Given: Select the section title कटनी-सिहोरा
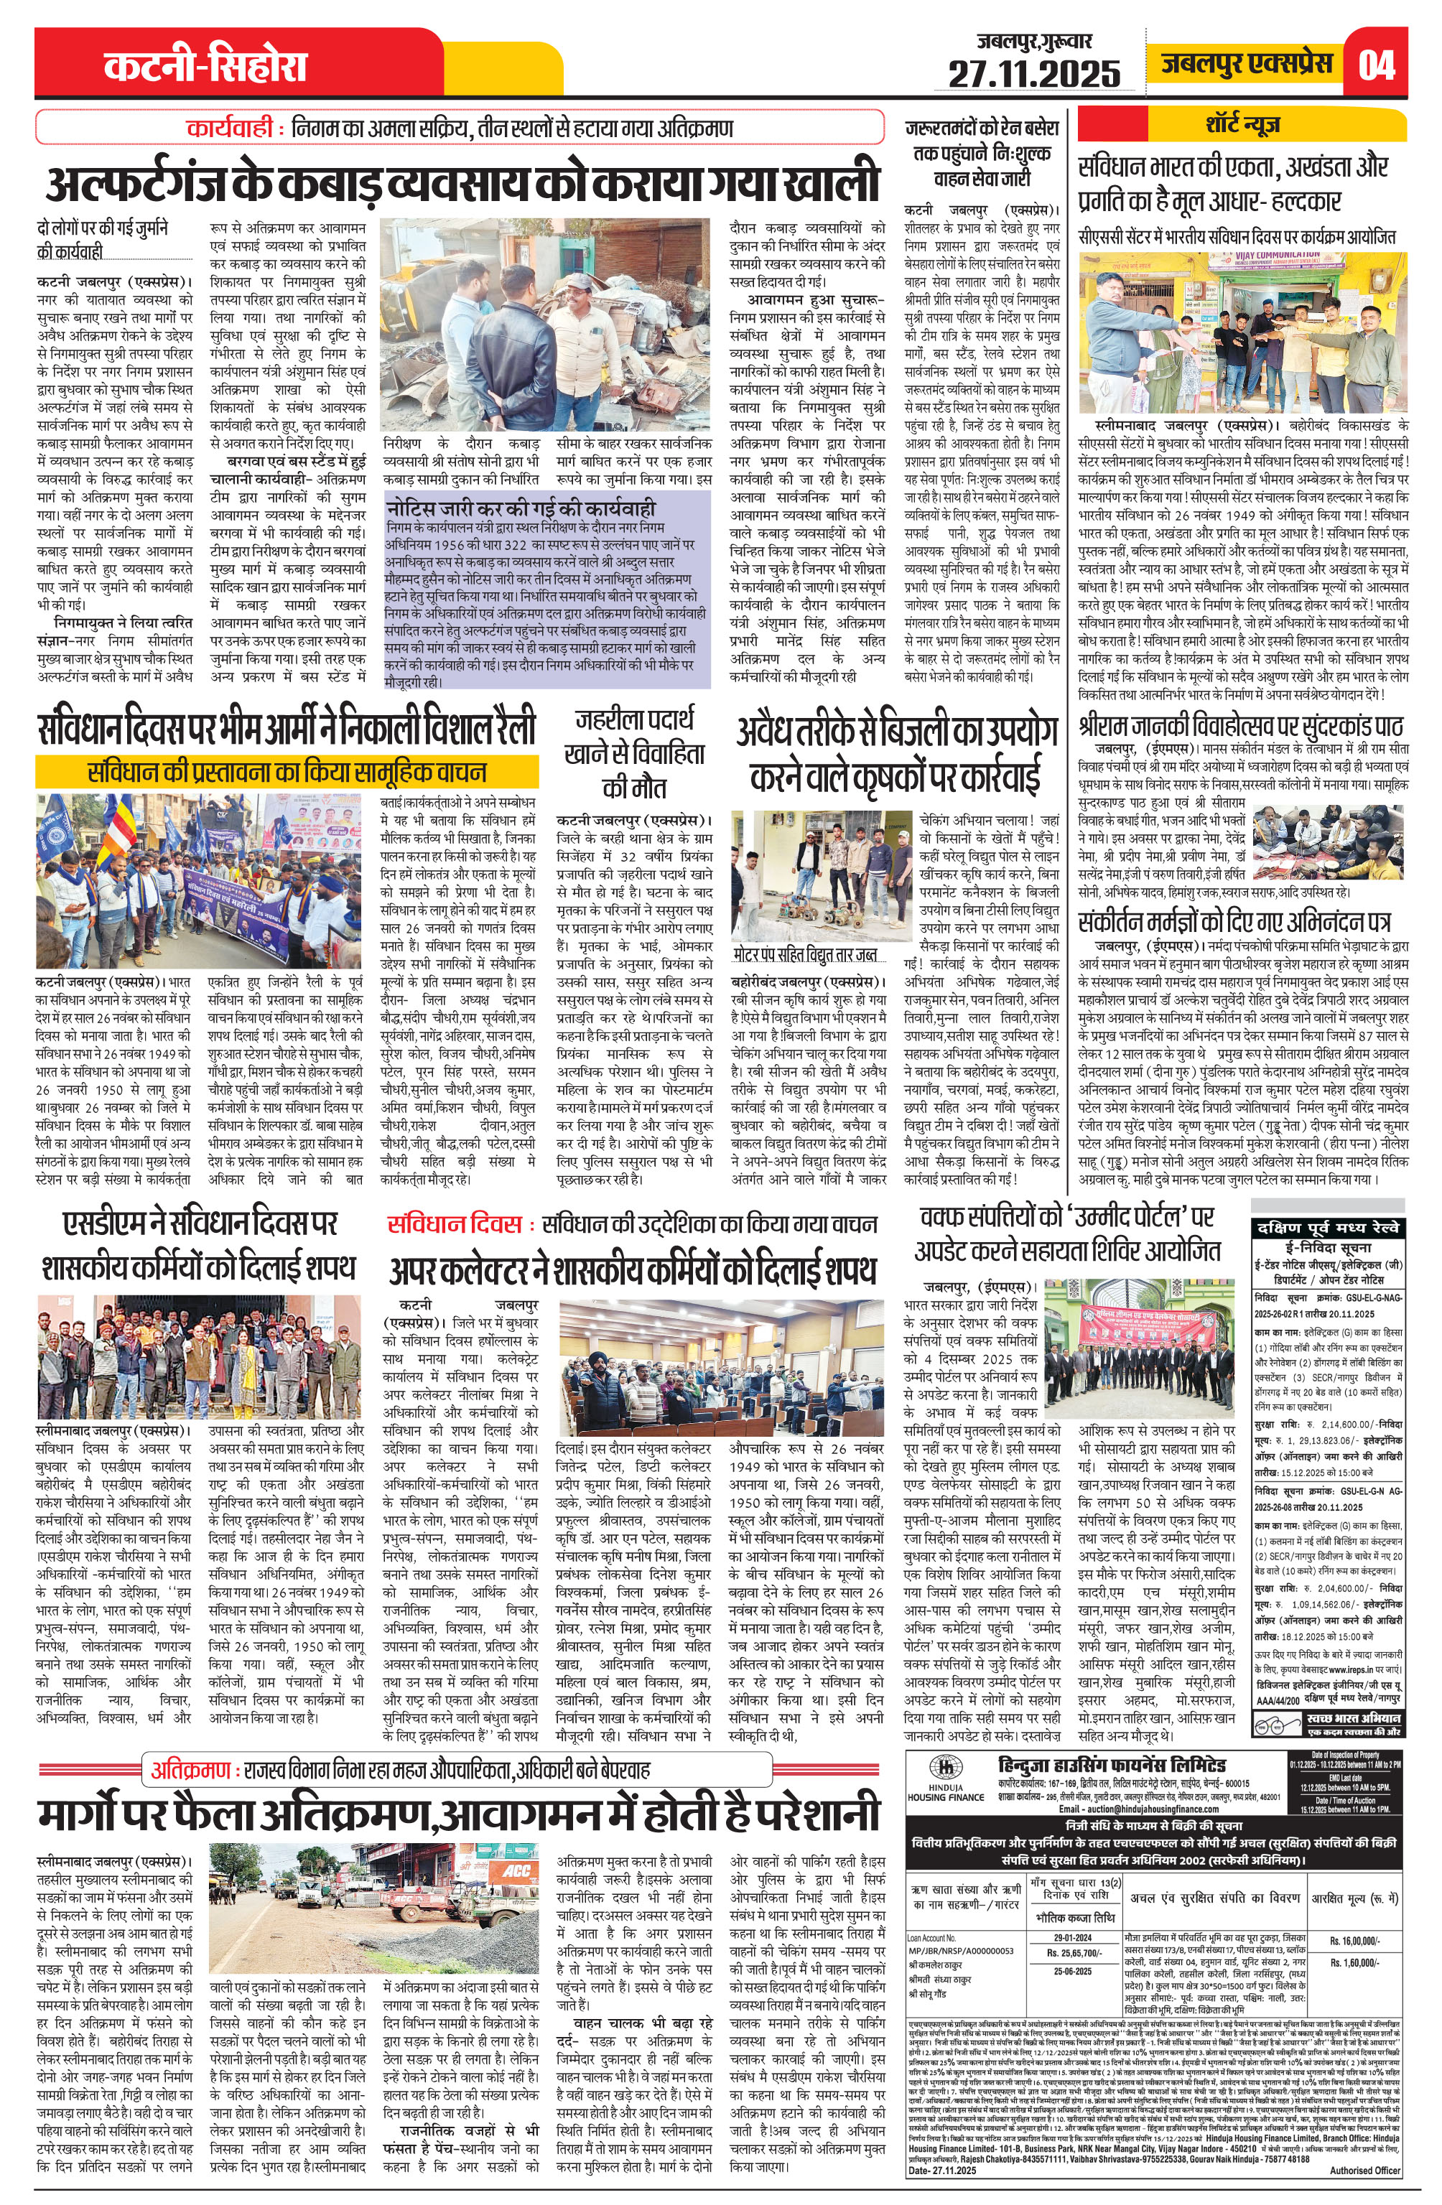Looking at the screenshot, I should [x=205, y=66].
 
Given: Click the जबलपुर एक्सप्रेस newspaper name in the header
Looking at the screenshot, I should [x=1247, y=63].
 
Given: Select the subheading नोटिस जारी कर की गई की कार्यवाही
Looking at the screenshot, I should [x=522, y=508].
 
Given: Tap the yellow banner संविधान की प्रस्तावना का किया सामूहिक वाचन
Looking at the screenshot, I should [x=287, y=771].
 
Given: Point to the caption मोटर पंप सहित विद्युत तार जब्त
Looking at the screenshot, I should [x=804, y=954].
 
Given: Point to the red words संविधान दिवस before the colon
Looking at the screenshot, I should [x=454, y=1225].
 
